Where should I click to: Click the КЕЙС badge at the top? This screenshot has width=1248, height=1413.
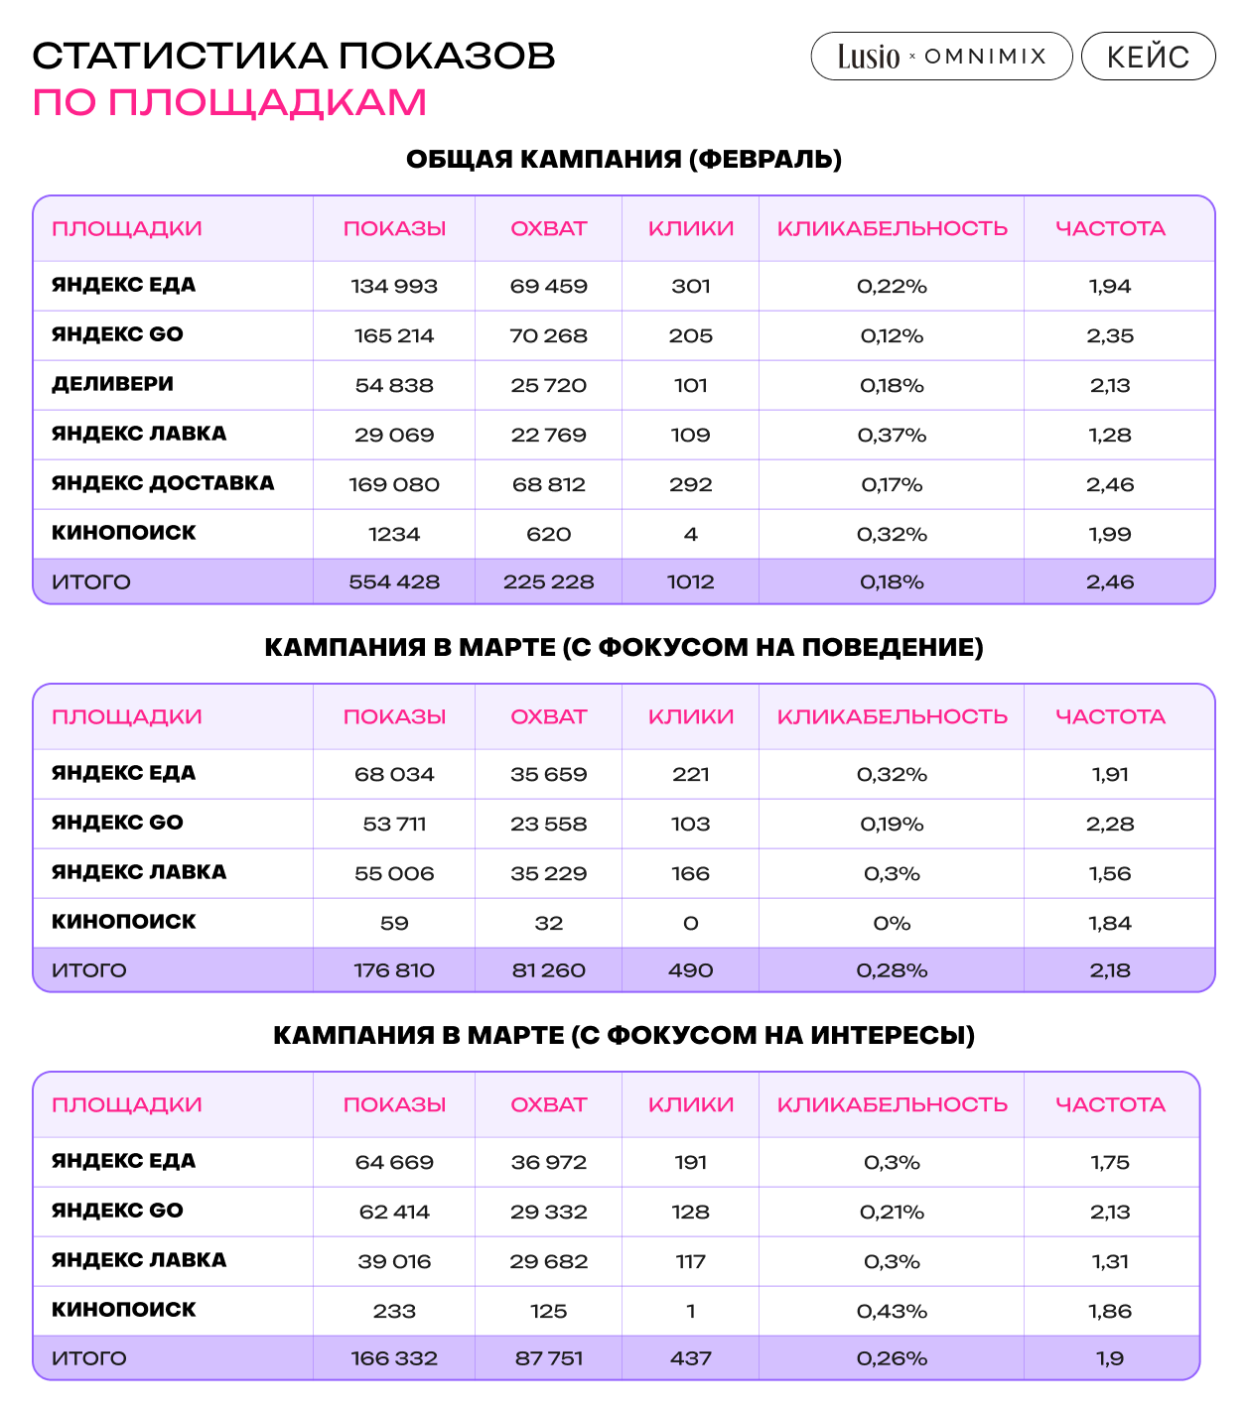click(1148, 57)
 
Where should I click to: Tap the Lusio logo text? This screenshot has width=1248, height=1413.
click(869, 57)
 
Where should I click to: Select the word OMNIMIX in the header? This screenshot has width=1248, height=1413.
click(985, 57)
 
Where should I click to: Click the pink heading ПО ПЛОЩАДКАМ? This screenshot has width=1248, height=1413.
click(229, 102)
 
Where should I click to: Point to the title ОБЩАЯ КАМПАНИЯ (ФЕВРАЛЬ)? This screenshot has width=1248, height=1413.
click(624, 159)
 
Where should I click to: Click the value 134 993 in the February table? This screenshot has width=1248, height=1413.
click(394, 287)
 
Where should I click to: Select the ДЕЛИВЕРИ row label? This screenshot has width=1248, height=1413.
click(112, 384)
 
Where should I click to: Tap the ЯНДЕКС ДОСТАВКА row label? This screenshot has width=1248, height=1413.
click(163, 483)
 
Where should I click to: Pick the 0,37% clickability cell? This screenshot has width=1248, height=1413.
click(892, 436)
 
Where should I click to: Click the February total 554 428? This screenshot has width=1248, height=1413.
click(394, 582)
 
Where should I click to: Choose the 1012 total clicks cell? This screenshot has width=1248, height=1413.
click(690, 582)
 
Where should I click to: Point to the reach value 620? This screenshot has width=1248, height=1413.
click(548, 535)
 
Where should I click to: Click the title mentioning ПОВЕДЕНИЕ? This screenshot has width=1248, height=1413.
click(624, 647)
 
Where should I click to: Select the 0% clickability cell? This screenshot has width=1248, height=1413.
click(892, 924)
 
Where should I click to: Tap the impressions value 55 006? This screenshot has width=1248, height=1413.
click(394, 874)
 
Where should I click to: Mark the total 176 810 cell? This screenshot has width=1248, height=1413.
click(394, 970)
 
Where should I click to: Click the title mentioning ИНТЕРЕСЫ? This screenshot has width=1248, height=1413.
click(624, 1035)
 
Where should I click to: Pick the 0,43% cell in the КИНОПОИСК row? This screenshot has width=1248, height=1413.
click(892, 1312)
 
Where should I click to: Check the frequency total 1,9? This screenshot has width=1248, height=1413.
click(1110, 1358)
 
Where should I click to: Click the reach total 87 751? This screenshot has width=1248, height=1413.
click(548, 1358)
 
